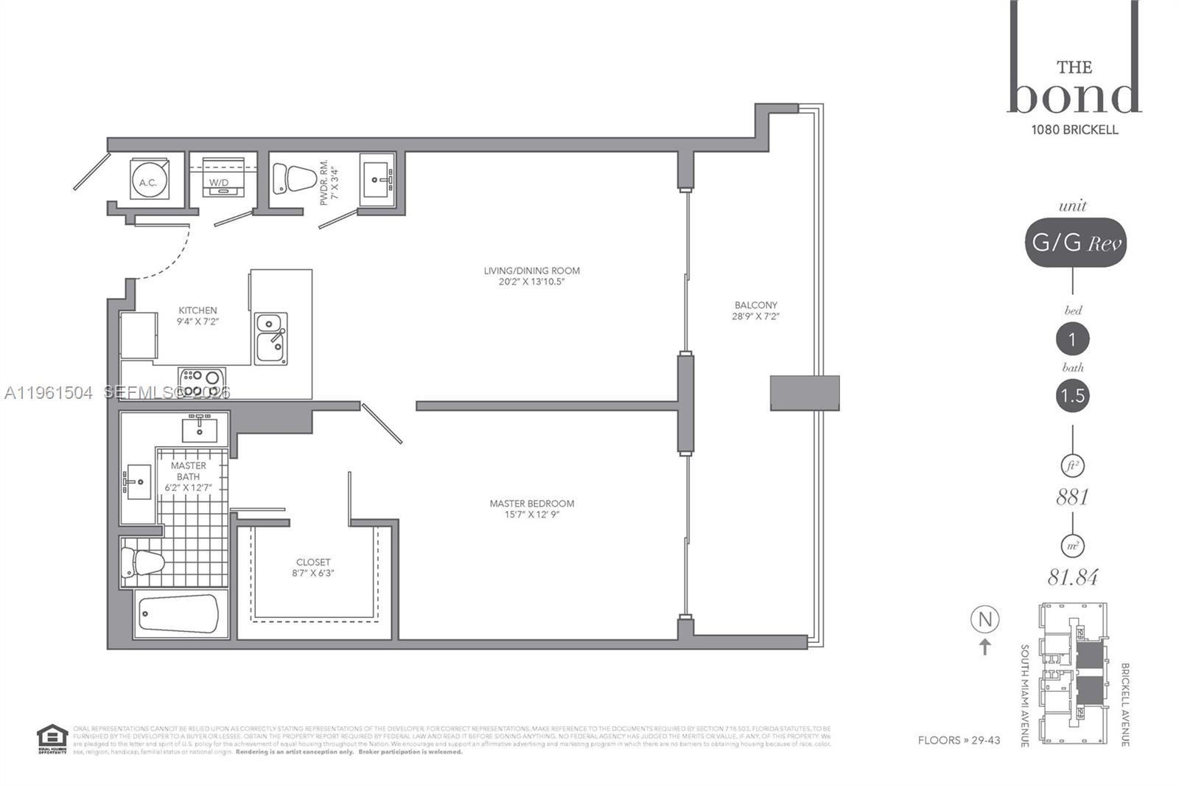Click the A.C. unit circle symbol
[x=149, y=181]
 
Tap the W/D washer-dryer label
[x=219, y=182]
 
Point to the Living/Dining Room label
[x=531, y=276]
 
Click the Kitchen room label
[x=197, y=316]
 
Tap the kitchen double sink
[x=270, y=338]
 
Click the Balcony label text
[x=755, y=310]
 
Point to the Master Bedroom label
[x=531, y=509]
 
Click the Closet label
[x=313, y=567]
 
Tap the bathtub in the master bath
[x=179, y=613]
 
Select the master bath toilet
[x=142, y=562]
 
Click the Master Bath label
[x=188, y=476]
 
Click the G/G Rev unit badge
[x=1075, y=243]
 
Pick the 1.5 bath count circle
[x=1072, y=396]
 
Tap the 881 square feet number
[x=1072, y=498]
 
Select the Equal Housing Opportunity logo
[x=52, y=739]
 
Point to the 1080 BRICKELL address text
[x=1074, y=130]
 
